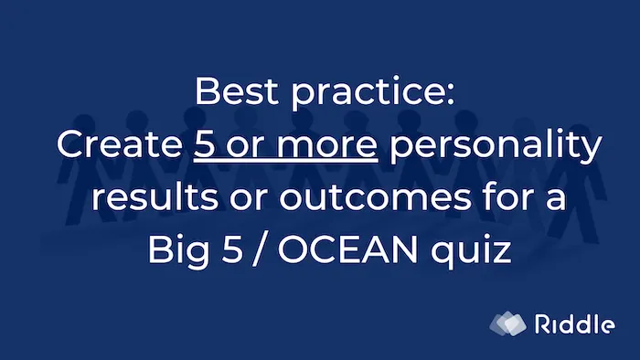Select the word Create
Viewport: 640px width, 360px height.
116,145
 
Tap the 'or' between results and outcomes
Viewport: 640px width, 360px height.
233,198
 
